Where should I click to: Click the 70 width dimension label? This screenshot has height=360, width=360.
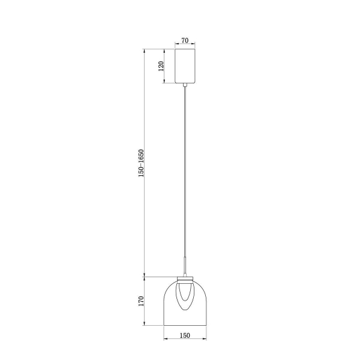click(185, 40)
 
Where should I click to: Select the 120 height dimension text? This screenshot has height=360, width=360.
click(161, 65)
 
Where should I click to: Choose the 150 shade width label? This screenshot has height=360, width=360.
click(185, 335)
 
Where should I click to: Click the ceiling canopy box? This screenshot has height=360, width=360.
click(185, 66)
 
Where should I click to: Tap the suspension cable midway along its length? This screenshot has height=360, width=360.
click(185, 180)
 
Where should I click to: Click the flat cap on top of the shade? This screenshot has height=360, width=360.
click(185, 278)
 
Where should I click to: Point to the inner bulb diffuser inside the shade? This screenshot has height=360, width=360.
click(185, 297)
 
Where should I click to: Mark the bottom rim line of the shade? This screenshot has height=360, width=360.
click(185, 325)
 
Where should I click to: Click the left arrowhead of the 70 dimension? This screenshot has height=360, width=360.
click(176, 45)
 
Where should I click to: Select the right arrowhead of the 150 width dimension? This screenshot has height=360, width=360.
click(206, 340)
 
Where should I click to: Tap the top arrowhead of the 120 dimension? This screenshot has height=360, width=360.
click(167, 50)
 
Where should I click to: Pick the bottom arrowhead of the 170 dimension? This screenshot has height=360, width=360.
click(146, 324)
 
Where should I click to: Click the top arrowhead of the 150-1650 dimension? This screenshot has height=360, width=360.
click(146, 50)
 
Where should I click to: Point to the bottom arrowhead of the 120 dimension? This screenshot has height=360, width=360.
click(167, 83)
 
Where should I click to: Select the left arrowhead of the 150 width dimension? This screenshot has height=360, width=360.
click(166, 340)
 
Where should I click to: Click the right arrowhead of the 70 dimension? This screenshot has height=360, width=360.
click(196, 45)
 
